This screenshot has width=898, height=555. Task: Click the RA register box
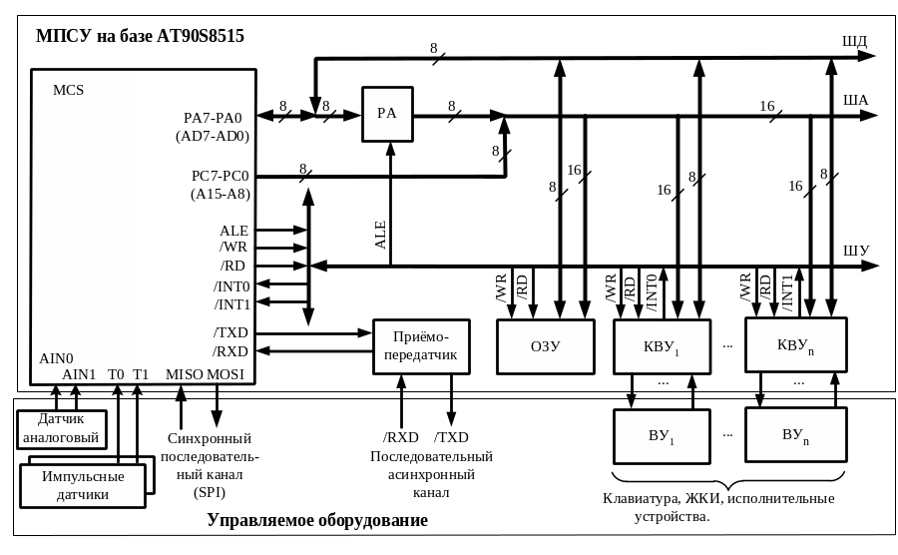pyautogui.click(x=387, y=114)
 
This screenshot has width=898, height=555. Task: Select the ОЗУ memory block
pyautogui.click(x=546, y=346)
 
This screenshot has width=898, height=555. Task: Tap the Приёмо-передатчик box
pyautogui.click(x=421, y=346)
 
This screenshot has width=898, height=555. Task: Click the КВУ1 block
pyautogui.click(x=662, y=347)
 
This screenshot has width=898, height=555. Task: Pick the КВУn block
pyautogui.click(x=795, y=345)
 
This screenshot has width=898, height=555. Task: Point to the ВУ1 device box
pyautogui.click(x=662, y=436)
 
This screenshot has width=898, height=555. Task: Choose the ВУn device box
pyautogui.click(x=795, y=434)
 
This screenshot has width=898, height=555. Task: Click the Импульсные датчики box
pyautogui.click(x=83, y=484)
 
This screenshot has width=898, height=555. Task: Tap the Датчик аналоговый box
pyautogui.click(x=62, y=428)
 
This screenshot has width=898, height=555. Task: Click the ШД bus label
pyautogui.click(x=855, y=41)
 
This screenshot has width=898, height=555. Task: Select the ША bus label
pyautogui.click(x=855, y=100)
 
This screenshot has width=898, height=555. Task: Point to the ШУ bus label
pyautogui.click(x=856, y=250)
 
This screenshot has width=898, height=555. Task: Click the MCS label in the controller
pyautogui.click(x=68, y=90)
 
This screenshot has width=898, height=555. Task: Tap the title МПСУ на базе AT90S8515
pyautogui.click(x=140, y=36)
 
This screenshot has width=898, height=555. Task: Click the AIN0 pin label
pyautogui.click(x=56, y=357)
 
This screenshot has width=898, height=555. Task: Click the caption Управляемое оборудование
pyautogui.click(x=317, y=521)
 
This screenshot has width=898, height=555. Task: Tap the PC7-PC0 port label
pyautogui.click(x=221, y=176)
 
